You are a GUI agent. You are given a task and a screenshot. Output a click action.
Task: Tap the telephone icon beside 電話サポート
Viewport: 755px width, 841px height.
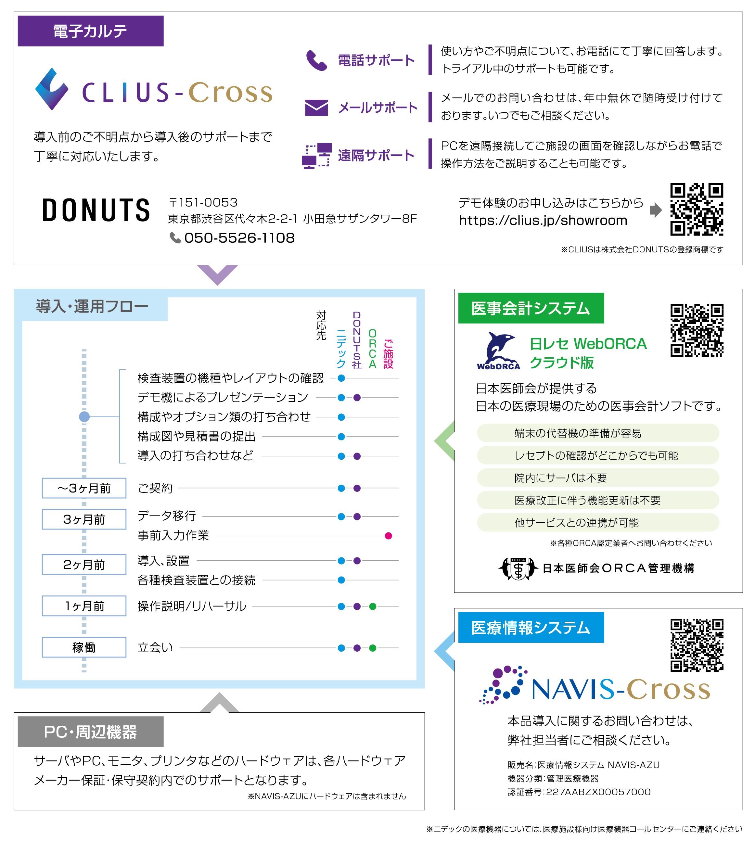pyautogui.click(x=316, y=60)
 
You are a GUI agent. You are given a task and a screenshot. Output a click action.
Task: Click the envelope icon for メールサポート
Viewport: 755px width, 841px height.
pyautogui.click(x=316, y=108)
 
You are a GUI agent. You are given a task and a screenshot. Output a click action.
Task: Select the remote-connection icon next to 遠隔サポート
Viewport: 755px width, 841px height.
pyautogui.click(x=316, y=156)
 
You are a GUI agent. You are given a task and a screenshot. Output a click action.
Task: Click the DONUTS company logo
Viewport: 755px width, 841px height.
pyautogui.click(x=96, y=210)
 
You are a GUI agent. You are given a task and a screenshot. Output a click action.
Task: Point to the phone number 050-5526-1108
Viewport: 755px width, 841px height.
pyautogui.click(x=239, y=238)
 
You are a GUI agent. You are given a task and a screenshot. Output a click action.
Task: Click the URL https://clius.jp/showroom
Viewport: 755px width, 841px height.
pyautogui.click(x=543, y=220)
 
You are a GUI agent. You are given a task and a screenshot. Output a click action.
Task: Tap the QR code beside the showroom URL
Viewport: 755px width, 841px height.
pyautogui.click(x=697, y=210)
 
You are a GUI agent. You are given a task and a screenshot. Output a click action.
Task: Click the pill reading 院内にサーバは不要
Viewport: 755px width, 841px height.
pyautogui.click(x=597, y=478)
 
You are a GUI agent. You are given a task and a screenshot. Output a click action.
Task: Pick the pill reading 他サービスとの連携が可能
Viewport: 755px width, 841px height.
pyautogui.click(x=597, y=523)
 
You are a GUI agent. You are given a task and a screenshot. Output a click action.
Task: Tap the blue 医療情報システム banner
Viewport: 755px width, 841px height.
pyautogui.click(x=531, y=628)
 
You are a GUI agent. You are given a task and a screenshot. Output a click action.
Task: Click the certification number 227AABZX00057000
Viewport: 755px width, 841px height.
pyautogui.click(x=598, y=792)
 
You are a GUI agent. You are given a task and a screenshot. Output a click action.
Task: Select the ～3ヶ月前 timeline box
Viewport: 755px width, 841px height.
pyautogui.click(x=84, y=488)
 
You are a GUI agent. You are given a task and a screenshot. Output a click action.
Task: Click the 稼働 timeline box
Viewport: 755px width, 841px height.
pyautogui.click(x=84, y=647)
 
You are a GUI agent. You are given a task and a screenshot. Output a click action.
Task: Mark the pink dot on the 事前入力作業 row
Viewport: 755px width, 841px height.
pyautogui.click(x=388, y=536)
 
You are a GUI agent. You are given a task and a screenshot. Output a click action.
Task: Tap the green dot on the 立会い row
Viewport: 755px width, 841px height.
pyautogui.click(x=373, y=648)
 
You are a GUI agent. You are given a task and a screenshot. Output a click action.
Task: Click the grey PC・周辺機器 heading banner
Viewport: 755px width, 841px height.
pyautogui.click(x=90, y=732)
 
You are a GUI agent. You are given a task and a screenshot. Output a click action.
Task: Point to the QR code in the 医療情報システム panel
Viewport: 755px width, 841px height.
pyautogui.click(x=697, y=645)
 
